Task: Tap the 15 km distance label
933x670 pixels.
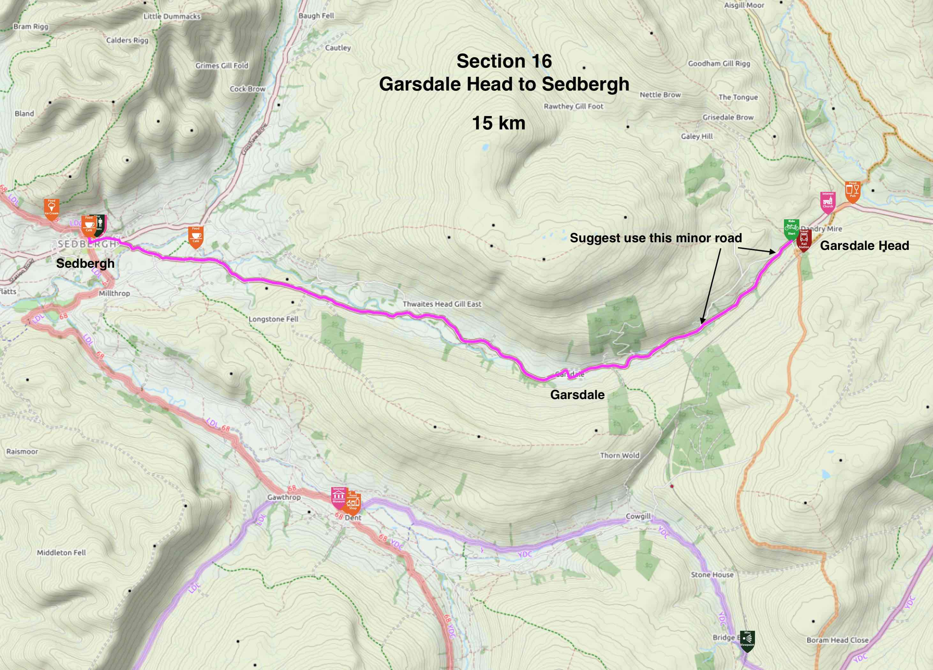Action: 499,123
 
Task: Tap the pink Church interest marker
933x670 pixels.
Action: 828,202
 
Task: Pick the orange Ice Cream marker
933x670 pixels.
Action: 51,208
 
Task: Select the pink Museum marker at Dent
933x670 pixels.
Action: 339,497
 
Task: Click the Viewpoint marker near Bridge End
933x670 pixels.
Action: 747,640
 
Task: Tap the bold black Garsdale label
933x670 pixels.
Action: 577,395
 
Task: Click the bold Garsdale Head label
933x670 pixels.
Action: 864,245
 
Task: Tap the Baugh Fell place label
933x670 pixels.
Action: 316,16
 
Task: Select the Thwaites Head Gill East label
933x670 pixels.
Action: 442,304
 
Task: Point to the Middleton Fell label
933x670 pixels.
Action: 61,552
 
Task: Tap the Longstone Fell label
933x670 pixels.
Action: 273,319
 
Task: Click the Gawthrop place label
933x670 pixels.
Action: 284,497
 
